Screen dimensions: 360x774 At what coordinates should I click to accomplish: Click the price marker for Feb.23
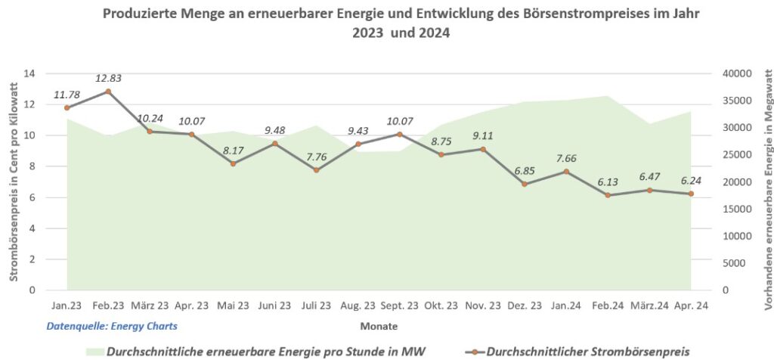[108, 92]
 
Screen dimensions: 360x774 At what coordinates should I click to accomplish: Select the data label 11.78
[67, 95]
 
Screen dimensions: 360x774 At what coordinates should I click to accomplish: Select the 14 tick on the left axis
[30, 73]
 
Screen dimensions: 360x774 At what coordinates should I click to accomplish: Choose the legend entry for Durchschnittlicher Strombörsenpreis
[578, 352]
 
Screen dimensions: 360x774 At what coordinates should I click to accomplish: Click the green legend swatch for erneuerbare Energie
[93, 352]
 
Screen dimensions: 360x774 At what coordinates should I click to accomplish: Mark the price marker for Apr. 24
[691, 194]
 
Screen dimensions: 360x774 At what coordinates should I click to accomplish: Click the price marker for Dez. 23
[524, 184]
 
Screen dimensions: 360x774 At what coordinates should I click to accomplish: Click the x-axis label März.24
[649, 306]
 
